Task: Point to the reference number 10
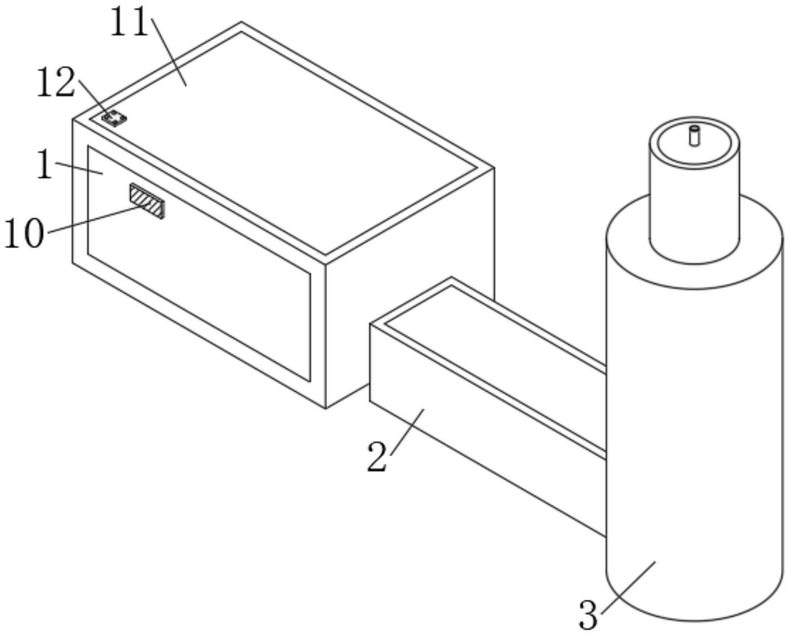tap(24, 234)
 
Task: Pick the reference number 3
tap(588, 615)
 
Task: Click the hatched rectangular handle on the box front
tap(147, 201)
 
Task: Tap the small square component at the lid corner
tap(114, 118)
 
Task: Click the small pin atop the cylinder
tap(694, 135)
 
